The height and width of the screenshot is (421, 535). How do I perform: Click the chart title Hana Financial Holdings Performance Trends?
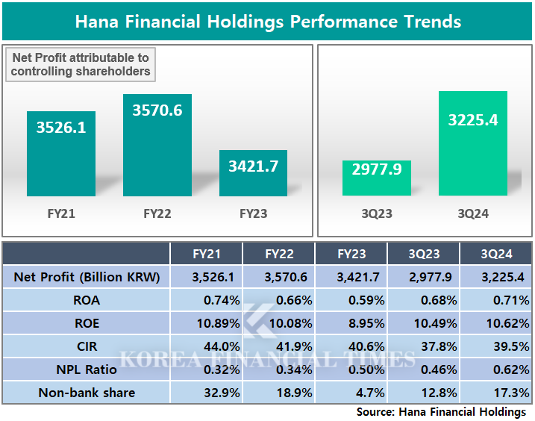pyautogui.click(x=267, y=21)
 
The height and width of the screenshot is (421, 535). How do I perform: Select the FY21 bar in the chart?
pyautogui.click(x=61, y=154)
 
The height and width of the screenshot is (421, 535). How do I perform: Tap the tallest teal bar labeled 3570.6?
pyautogui.click(x=157, y=145)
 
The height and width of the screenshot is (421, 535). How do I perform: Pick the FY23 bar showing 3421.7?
pyautogui.click(x=253, y=173)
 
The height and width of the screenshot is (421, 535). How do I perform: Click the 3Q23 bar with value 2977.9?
pyautogui.click(x=377, y=178)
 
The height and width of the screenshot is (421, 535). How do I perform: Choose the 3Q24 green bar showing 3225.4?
pyautogui.click(x=473, y=143)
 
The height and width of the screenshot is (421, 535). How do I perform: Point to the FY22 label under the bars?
pyautogui.click(x=157, y=213)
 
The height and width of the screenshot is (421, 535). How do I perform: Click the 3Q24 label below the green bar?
pyautogui.click(x=473, y=213)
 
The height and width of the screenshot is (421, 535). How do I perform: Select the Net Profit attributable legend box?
pyautogui.click(x=81, y=64)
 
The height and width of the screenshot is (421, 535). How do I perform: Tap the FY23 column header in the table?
pyautogui.click(x=351, y=254)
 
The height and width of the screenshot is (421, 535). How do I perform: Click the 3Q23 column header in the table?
pyautogui.click(x=423, y=254)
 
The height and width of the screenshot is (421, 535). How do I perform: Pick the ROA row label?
pyautogui.click(x=87, y=300)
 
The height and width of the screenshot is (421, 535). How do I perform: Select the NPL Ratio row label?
pyautogui.click(x=87, y=368)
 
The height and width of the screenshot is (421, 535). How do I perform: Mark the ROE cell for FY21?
pyautogui.click(x=206, y=322)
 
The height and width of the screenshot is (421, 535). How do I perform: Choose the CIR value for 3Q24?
pyautogui.click(x=496, y=346)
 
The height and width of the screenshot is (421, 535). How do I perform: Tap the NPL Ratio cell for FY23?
pyautogui.click(x=351, y=368)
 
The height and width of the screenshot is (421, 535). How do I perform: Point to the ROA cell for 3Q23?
pyautogui.click(x=423, y=300)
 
